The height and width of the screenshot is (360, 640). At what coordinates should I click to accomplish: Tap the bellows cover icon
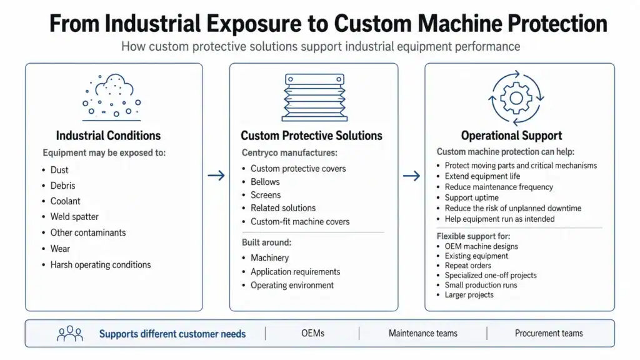pyautogui.click(x=314, y=97)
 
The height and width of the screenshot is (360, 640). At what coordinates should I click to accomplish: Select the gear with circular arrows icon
pyautogui.click(x=516, y=98)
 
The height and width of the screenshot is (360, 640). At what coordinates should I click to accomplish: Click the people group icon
pyautogui.click(x=70, y=334)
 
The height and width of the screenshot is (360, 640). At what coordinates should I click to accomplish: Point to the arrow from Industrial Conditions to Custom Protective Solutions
pyautogui.click(x=216, y=176)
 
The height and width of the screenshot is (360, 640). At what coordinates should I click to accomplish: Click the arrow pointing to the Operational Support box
pyautogui.click(x=411, y=176)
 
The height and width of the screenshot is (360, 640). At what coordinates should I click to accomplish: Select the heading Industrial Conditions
pyautogui.click(x=108, y=136)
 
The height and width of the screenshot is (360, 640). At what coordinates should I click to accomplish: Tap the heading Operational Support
pyautogui.click(x=511, y=136)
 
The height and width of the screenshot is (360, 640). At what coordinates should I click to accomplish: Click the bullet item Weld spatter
pyautogui.click(x=74, y=217)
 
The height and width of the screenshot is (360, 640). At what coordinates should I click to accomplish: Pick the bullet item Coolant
pyautogui.click(x=65, y=201)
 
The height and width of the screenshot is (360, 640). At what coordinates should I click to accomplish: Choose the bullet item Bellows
pyautogui.click(x=265, y=182)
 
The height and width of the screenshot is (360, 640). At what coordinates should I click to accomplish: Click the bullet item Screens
pyautogui.click(x=266, y=195)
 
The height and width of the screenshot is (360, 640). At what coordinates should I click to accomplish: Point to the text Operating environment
pyautogui.click(x=292, y=285)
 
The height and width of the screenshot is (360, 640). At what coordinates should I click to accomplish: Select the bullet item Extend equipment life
pyautogui.click(x=482, y=176)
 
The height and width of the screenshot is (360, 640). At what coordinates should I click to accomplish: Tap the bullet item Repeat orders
pyautogui.click(x=467, y=265)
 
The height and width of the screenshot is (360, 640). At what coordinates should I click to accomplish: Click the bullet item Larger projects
pyautogui.click(x=469, y=295)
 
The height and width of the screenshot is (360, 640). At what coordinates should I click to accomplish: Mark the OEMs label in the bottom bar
pyautogui.click(x=312, y=334)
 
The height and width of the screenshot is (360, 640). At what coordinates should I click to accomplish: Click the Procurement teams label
pyautogui.click(x=549, y=334)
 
